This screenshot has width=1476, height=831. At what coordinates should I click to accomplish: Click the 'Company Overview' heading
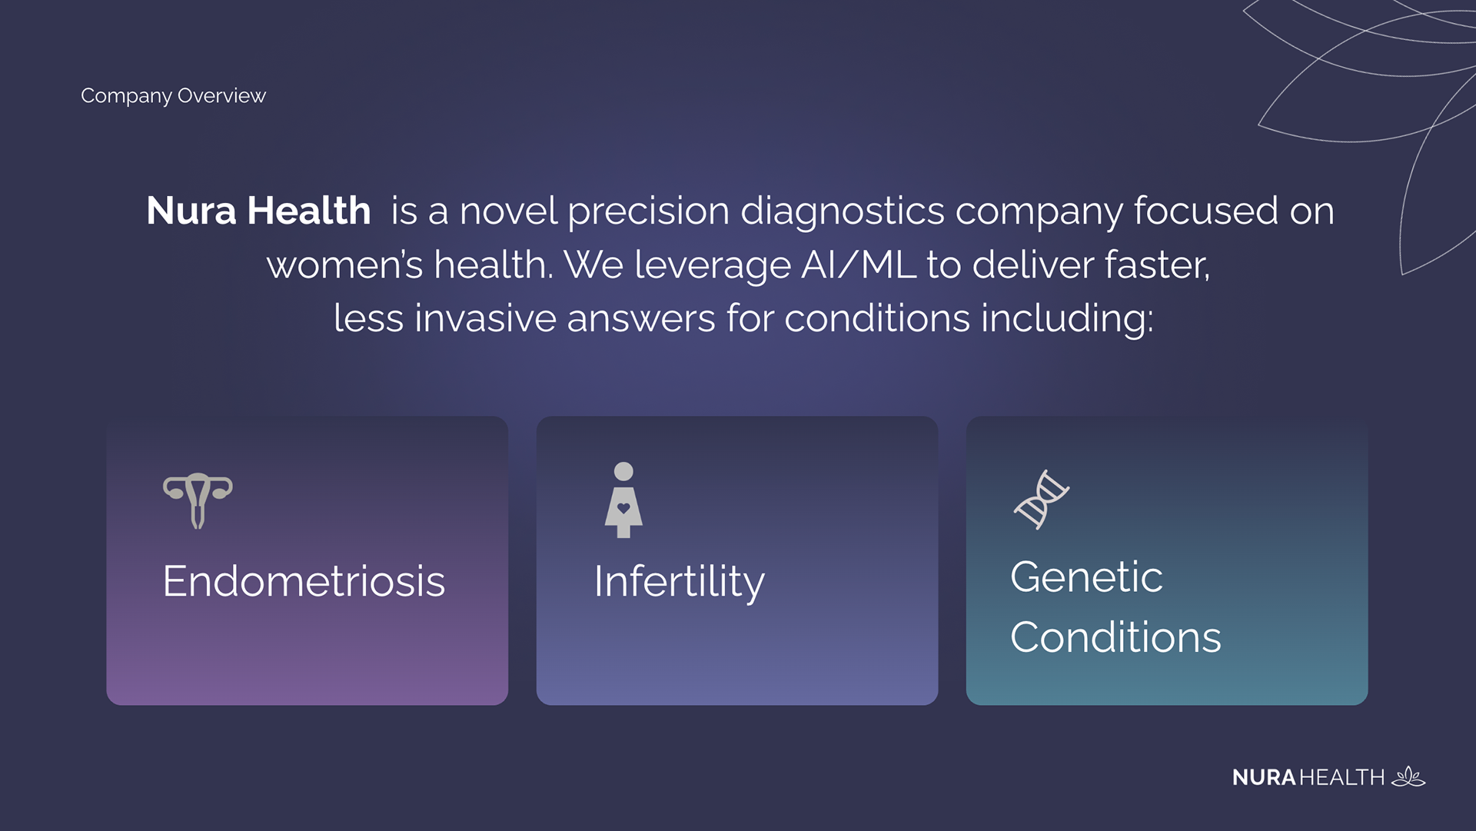[x=173, y=95]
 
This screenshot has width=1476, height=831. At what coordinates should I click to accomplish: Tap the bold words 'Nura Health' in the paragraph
[x=258, y=211]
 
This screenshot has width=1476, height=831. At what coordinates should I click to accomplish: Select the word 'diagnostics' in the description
[x=842, y=212]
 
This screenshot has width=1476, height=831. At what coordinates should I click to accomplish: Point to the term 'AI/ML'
[x=858, y=264]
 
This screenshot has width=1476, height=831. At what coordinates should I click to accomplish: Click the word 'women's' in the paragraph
[x=344, y=266]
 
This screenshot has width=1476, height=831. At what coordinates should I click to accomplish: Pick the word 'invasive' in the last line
[x=485, y=318]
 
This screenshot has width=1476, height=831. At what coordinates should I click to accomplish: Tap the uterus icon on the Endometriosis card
[x=198, y=500]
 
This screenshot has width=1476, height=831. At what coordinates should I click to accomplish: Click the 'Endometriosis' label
[x=304, y=581]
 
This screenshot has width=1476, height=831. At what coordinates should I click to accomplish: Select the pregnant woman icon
[x=623, y=500]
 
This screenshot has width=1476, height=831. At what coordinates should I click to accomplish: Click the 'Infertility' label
[x=679, y=583]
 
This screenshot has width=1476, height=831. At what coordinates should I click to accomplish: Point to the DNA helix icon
[x=1042, y=500]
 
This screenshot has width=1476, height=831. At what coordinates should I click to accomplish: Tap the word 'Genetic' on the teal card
[x=1086, y=577]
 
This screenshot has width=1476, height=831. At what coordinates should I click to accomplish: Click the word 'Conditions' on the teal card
[x=1115, y=637]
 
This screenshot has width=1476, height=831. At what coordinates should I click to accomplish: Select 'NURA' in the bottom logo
[x=1264, y=778]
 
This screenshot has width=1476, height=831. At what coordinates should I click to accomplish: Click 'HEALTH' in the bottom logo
[x=1341, y=778]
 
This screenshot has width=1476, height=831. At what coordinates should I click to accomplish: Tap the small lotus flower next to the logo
[x=1408, y=776]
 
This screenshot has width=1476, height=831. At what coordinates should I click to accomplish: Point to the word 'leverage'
[x=713, y=266]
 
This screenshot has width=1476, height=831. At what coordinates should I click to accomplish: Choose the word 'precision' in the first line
[x=648, y=212]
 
